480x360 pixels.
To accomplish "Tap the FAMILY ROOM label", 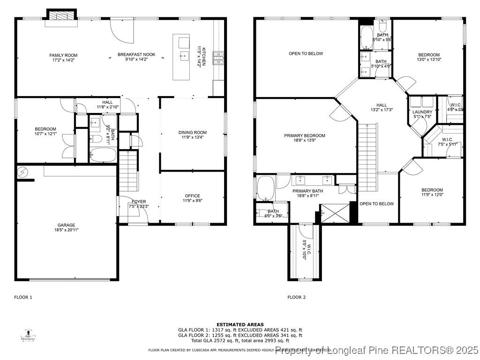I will [x=63, y=55].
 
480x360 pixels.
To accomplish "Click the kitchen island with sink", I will [x=181, y=57].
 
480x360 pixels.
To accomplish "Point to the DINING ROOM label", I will [x=192, y=133].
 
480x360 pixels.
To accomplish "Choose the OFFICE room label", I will [x=192, y=196].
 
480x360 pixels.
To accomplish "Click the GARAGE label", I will [x=66, y=225].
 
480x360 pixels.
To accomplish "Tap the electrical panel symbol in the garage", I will [x=23, y=172].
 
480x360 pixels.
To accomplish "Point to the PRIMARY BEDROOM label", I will [x=304, y=136].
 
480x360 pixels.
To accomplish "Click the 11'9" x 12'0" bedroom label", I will [x=432, y=190].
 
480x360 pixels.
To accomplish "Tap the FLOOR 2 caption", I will [x=296, y=297].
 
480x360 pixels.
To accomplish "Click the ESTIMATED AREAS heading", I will [x=240, y=324].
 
